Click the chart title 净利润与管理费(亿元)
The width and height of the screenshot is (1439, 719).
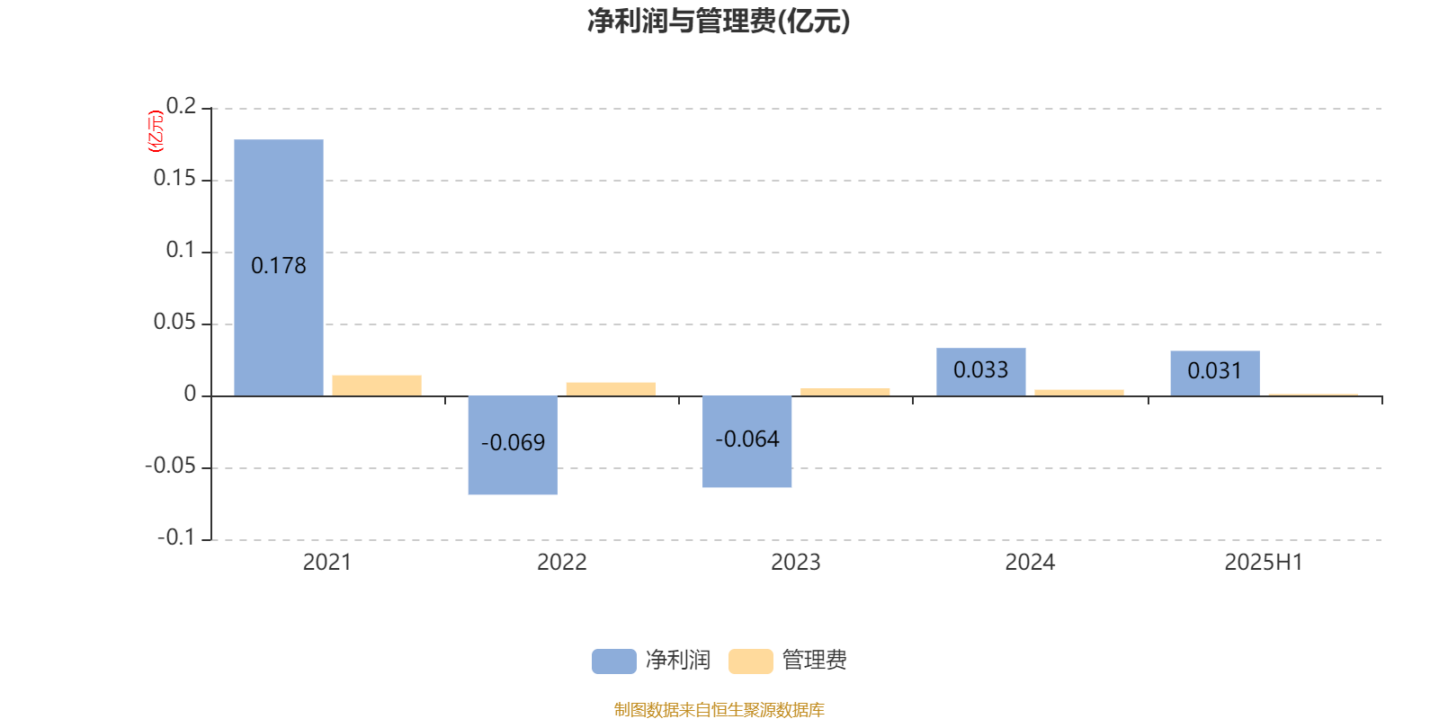[x=719, y=21]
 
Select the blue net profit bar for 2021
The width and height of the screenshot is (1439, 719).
[x=279, y=268]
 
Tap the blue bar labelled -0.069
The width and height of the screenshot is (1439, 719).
[x=513, y=445]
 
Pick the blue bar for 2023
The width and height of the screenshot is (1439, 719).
[x=747, y=441]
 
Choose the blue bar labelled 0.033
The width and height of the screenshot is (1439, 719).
[x=981, y=372]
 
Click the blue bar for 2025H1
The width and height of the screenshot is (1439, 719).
[x=1215, y=373]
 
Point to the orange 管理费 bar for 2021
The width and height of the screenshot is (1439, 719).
[x=377, y=386]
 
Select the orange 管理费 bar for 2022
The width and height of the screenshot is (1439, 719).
[x=611, y=389]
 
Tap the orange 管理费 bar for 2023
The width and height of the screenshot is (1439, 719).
[x=845, y=392]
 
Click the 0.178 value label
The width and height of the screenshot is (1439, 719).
[x=279, y=266]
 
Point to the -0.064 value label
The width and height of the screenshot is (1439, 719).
[x=747, y=439]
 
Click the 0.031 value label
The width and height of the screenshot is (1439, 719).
[x=1215, y=370]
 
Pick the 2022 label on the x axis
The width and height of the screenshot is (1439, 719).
[x=562, y=563]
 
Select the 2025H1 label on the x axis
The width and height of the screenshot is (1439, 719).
[x=1264, y=563]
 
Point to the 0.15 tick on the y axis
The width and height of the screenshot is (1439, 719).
[x=174, y=178]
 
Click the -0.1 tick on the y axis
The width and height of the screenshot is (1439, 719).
[x=176, y=537]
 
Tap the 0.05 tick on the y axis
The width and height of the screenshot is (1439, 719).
[x=174, y=322]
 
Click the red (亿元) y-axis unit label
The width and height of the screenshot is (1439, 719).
[x=156, y=131]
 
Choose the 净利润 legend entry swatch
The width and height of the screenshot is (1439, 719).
[x=614, y=661]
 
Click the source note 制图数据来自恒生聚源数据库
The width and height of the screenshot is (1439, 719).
[x=719, y=709]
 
